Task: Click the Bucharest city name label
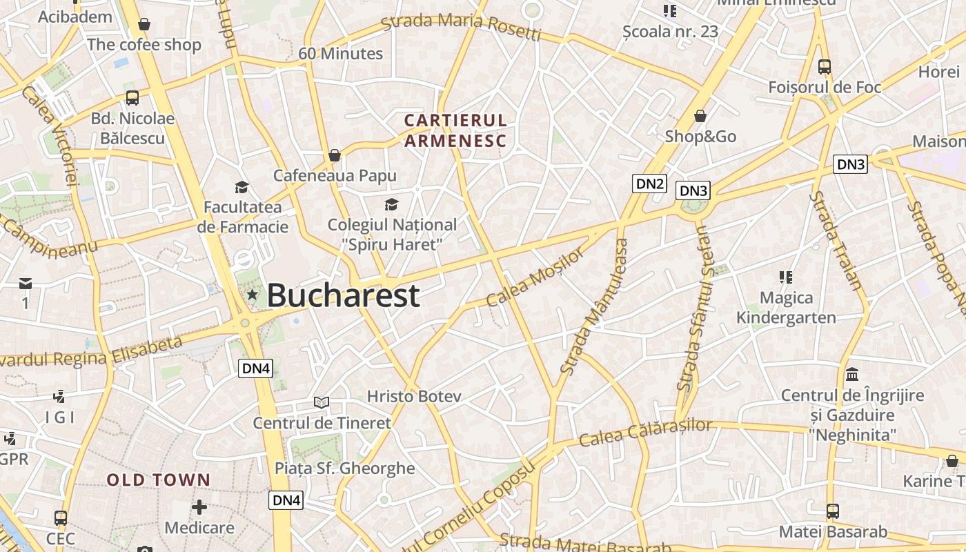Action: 343,295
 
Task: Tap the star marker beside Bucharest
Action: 253,295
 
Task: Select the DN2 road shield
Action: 650,184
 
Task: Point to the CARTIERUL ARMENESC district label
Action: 455,130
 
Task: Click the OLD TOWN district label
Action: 159,480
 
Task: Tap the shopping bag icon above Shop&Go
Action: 700,115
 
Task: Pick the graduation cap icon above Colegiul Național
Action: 391,204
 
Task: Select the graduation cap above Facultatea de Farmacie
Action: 241,187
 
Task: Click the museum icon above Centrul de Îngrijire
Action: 852,375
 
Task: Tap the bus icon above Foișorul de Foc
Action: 825,67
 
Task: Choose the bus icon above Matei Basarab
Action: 833,511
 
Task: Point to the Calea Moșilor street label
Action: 535,278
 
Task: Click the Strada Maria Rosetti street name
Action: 461,26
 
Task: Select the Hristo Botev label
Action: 414,397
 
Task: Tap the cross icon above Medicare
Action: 199,507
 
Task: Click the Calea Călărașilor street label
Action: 645,432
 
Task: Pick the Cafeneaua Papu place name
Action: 335,175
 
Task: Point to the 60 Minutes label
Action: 340,54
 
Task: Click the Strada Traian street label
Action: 836,241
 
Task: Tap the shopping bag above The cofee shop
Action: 144,25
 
